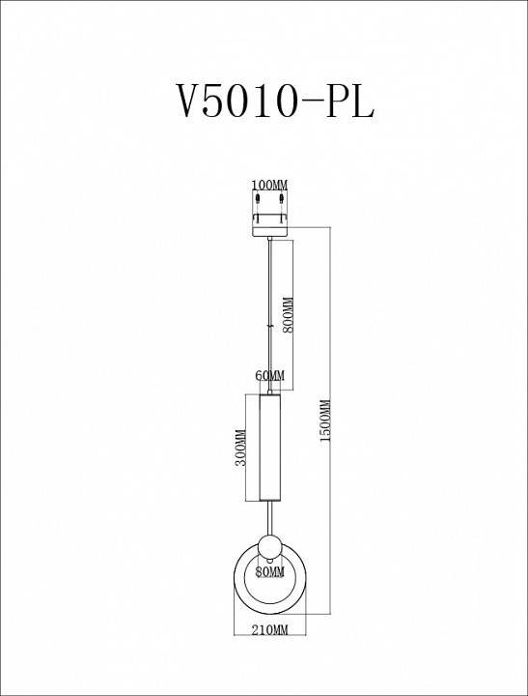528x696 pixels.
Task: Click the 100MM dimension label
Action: pos(269,185)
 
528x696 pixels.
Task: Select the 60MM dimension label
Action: pos(270,375)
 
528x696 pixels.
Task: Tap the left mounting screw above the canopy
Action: pos(259,201)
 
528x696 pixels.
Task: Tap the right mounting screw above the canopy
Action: pos(281,201)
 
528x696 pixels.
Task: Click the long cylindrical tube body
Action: pos(269,447)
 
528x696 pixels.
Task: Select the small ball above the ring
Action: pos(269,543)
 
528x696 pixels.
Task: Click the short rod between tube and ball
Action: pos(269,516)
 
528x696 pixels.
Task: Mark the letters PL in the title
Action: pos(349,100)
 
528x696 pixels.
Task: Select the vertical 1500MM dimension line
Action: pos(332,483)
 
